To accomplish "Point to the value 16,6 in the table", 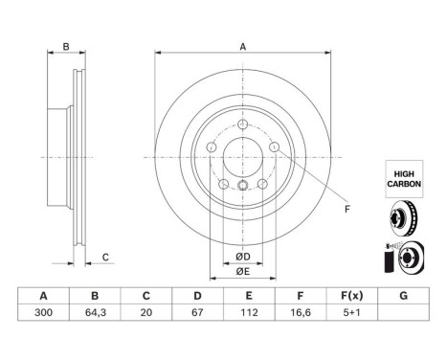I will click(x=300, y=312).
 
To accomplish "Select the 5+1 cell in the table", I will click(x=352, y=312).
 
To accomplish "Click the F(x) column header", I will click(x=352, y=296).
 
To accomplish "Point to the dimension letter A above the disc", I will click(x=243, y=47).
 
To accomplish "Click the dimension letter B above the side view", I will click(x=66, y=47).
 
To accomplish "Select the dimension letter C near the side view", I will click(x=106, y=256).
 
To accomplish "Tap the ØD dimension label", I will click(x=243, y=257).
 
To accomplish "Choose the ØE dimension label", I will click(x=243, y=272).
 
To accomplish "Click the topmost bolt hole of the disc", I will click(x=243, y=123).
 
